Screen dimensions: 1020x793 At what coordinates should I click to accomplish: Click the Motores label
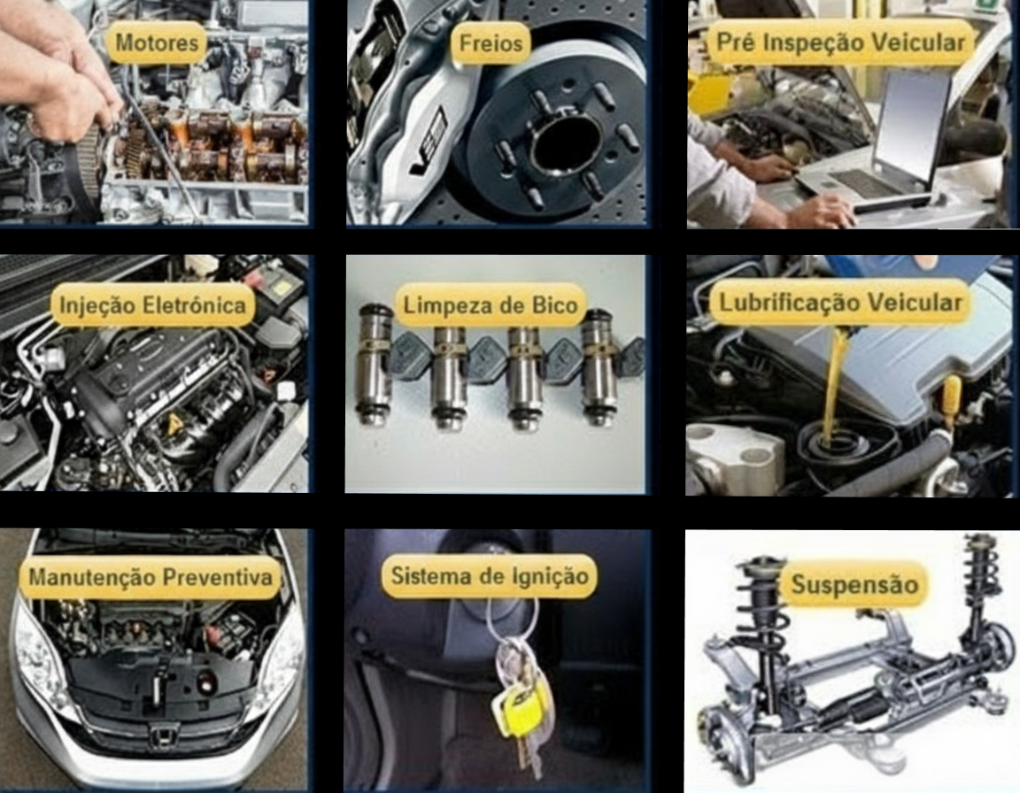[156, 42]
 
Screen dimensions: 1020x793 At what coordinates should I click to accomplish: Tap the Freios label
[491, 42]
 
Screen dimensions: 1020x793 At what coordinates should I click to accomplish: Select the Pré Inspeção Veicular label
[840, 42]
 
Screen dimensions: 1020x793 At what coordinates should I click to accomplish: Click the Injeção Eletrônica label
[153, 304]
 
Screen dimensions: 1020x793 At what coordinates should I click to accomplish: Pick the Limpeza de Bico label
[491, 304]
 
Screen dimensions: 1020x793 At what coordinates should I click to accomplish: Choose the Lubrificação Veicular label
[840, 303]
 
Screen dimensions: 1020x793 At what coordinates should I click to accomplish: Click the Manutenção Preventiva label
[151, 576]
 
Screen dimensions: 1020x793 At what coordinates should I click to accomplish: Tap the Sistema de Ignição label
[489, 575]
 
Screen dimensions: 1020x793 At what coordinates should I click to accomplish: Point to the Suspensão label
[854, 584]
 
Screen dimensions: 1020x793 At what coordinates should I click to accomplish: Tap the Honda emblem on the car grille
[161, 735]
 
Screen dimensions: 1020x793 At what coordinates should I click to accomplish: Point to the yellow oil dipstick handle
[950, 397]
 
